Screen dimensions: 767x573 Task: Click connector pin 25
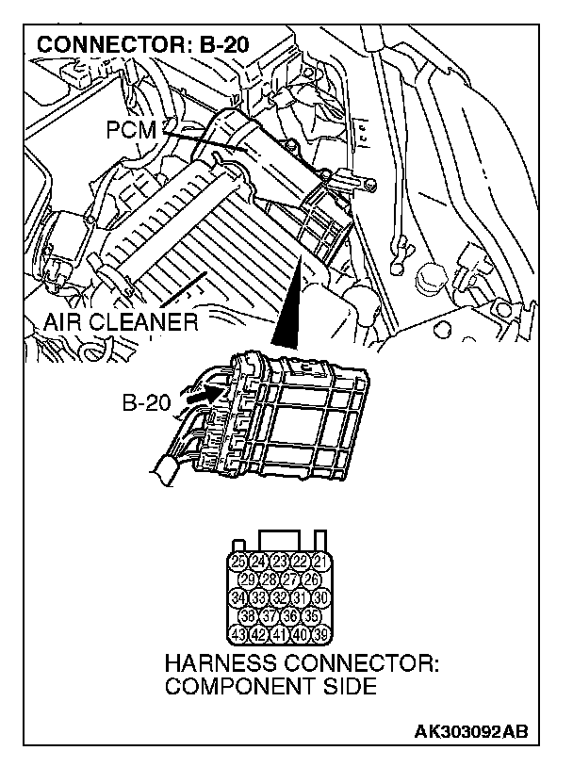[x=237, y=563]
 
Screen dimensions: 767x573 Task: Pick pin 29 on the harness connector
[x=247, y=579]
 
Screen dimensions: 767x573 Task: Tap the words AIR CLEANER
[x=121, y=324]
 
